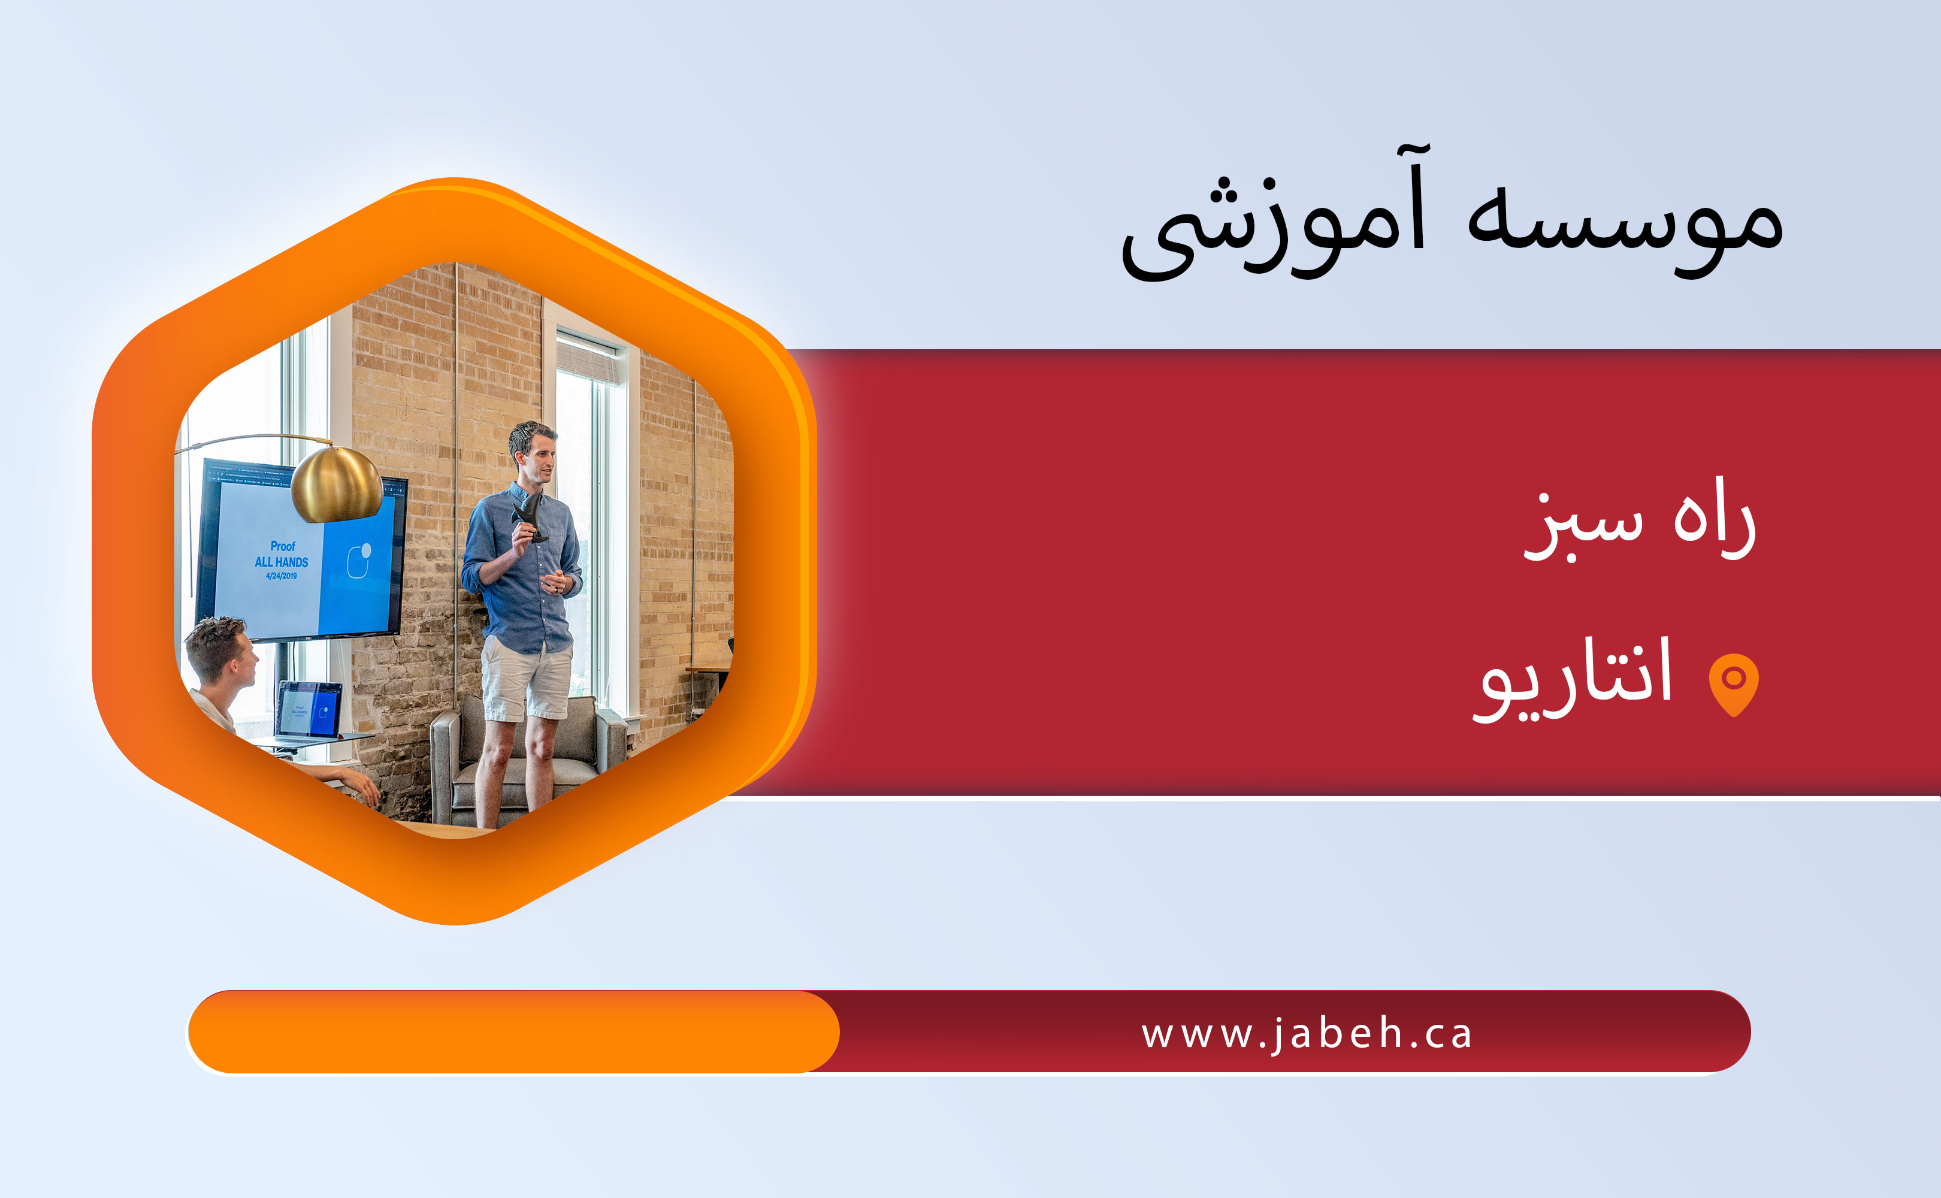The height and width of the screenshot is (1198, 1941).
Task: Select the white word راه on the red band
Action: (1715, 518)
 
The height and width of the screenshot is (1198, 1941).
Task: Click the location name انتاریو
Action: (1573, 678)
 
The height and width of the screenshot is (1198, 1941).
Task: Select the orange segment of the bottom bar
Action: (513, 1031)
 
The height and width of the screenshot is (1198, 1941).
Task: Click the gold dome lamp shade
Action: (336, 484)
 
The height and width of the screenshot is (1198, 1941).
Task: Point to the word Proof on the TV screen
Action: (283, 546)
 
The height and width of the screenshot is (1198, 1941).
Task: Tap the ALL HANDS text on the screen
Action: (281, 562)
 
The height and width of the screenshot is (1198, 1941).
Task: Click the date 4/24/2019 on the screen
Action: (281, 575)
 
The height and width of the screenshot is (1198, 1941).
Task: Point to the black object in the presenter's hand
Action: (529, 516)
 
